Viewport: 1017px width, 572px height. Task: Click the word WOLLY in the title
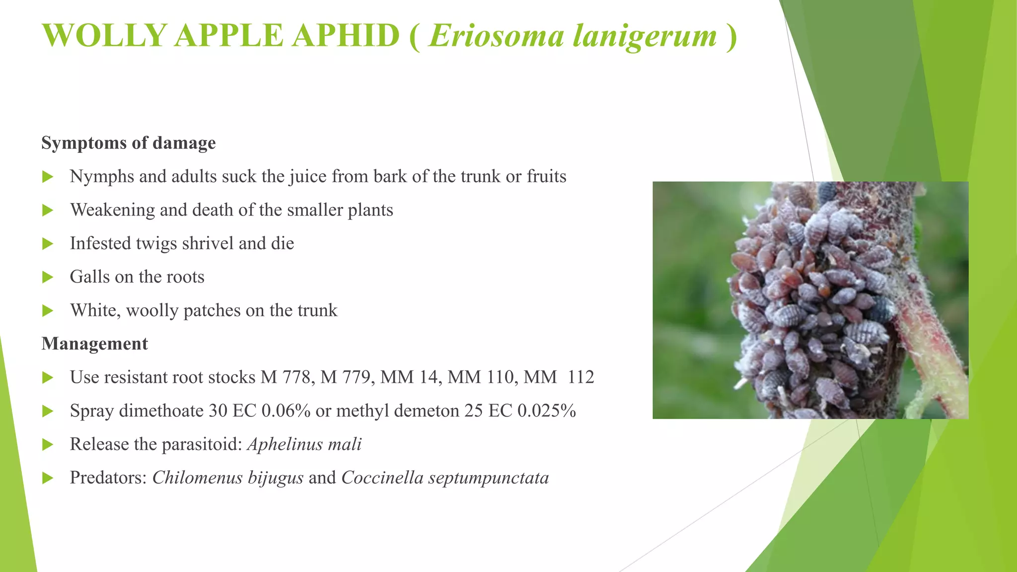(x=104, y=36)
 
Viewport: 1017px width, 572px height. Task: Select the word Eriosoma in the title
(x=496, y=36)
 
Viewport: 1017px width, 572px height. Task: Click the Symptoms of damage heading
(x=129, y=143)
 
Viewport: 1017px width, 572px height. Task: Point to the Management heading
(x=95, y=344)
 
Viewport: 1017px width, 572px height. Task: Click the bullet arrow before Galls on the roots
(x=48, y=277)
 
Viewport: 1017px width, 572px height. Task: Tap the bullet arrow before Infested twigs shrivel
(x=48, y=244)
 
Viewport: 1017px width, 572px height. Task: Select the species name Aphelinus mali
(x=304, y=444)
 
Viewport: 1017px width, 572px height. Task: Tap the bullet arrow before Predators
(x=48, y=478)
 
